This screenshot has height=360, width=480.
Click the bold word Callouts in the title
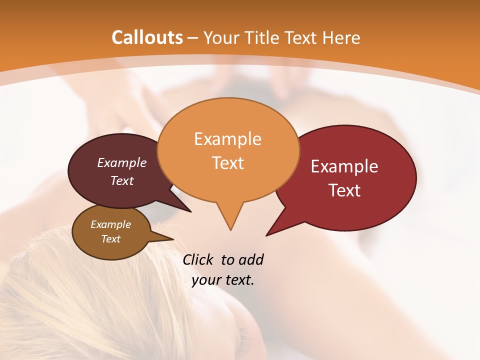(x=147, y=37)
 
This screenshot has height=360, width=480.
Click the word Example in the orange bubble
(x=227, y=139)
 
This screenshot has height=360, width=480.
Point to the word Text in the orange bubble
(x=227, y=163)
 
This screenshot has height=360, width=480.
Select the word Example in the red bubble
(x=344, y=166)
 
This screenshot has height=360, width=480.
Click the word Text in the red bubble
(x=344, y=190)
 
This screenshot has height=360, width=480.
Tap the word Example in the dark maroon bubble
(x=122, y=162)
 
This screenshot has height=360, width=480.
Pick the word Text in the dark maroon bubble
(x=122, y=180)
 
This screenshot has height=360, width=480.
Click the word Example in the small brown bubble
(x=110, y=224)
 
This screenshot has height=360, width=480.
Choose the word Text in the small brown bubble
(x=110, y=239)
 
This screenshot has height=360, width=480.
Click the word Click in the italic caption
(x=198, y=259)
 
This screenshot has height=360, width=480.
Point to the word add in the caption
(x=250, y=259)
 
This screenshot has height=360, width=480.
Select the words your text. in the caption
(x=223, y=280)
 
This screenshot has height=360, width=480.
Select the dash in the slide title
(x=193, y=37)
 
